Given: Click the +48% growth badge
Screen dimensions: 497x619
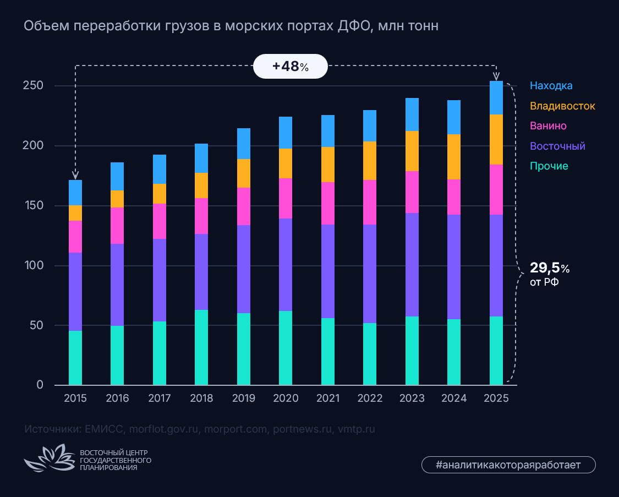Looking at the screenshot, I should [290, 67].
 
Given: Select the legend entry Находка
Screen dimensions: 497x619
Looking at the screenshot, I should [551, 86].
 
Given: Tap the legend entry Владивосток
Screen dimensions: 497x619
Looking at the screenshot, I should [562, 106].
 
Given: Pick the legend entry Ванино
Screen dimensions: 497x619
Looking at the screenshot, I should [547, 126].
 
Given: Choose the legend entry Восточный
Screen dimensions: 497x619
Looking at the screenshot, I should [557, 146].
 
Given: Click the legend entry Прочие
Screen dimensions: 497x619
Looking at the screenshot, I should [549, 166].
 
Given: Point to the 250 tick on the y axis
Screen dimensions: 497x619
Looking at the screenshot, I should [32, 86].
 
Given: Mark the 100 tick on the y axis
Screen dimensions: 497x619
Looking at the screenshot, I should [32, 266].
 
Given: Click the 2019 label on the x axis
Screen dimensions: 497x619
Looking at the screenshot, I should [243, 398].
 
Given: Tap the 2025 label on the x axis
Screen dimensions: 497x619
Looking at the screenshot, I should [496, 398].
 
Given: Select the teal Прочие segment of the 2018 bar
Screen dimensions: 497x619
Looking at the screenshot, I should [201, 347].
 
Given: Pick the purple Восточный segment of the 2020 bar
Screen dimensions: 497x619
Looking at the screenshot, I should [286, 265].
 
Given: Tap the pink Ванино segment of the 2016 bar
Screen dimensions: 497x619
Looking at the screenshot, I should [117, 226].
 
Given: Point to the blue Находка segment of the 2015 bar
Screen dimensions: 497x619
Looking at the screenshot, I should [75, 193].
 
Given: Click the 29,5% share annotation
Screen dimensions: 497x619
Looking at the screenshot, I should [549, 274].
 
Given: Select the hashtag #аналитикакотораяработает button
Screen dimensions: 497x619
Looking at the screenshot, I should [508, 465].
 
